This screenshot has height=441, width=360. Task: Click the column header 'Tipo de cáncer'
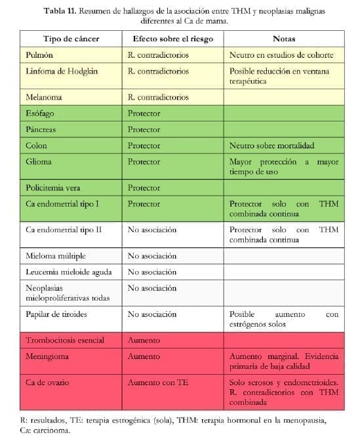[71, 39]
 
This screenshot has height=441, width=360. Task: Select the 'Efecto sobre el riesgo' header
[172, 39]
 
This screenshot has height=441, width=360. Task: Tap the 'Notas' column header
[284, 39]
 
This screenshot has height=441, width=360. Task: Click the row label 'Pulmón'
[40, 55]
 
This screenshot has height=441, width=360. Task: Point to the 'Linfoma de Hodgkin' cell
[62, 71]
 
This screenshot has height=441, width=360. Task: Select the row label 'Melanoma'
[44, 97]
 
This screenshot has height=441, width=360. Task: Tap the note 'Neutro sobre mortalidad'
[272, 146]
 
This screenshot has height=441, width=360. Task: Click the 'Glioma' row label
[39, 161]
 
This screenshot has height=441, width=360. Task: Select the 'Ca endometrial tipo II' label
[64, 230]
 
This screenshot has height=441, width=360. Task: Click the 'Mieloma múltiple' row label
[56, 256]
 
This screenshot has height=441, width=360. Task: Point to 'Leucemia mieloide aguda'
[69, 272]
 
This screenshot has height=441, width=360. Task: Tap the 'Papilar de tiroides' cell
[56, 314]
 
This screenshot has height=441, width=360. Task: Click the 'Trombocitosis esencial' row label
[66, 341]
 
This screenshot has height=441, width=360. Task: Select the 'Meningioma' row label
[48, 356]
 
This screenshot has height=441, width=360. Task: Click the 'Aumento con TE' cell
[158, 382]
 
